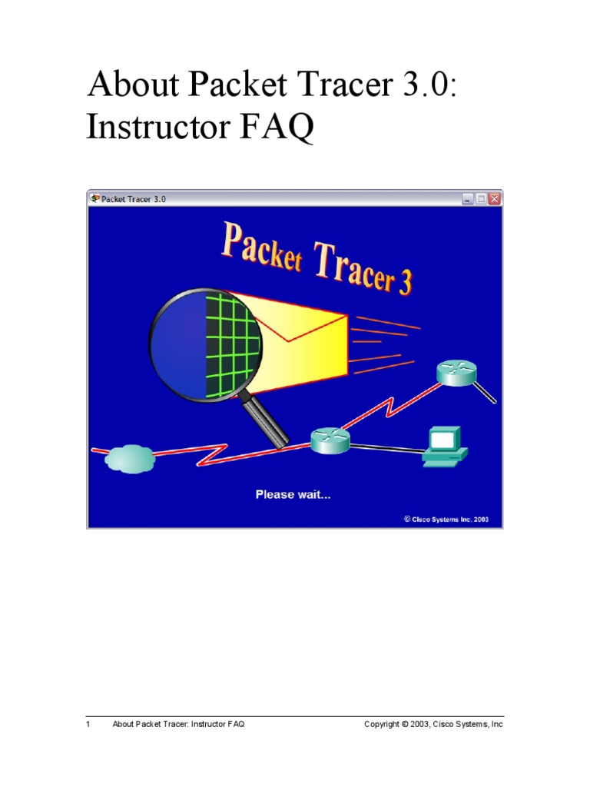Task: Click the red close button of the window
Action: click(494, 198)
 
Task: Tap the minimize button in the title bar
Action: click(468, 198)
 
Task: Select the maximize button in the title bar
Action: click(481, 198)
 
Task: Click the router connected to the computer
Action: click(330, 440)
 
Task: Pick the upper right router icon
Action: click(456, 371)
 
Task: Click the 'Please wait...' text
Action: click(293, 494)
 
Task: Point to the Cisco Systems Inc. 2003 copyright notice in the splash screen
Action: click(446, 519)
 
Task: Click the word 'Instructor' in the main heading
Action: click(154, 128)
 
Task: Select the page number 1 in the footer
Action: click(88, 724)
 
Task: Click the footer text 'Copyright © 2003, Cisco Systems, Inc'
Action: click(433, 724)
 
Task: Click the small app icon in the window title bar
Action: click(94, 198)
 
